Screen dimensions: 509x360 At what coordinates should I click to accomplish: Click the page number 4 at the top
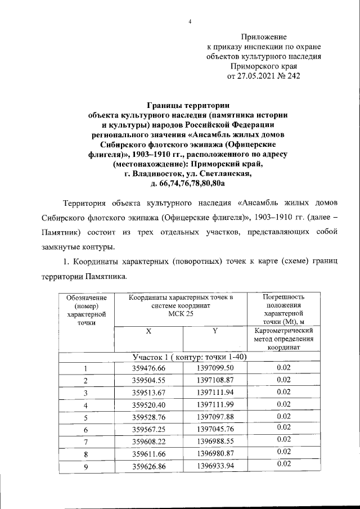(190, 22)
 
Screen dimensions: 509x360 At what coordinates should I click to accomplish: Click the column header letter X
(149, 332)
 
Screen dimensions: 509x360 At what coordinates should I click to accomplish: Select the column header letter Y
(215, 332)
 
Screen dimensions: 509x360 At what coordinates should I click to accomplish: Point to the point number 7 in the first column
(85, 442)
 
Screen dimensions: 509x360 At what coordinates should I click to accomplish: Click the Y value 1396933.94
(215, 466)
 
